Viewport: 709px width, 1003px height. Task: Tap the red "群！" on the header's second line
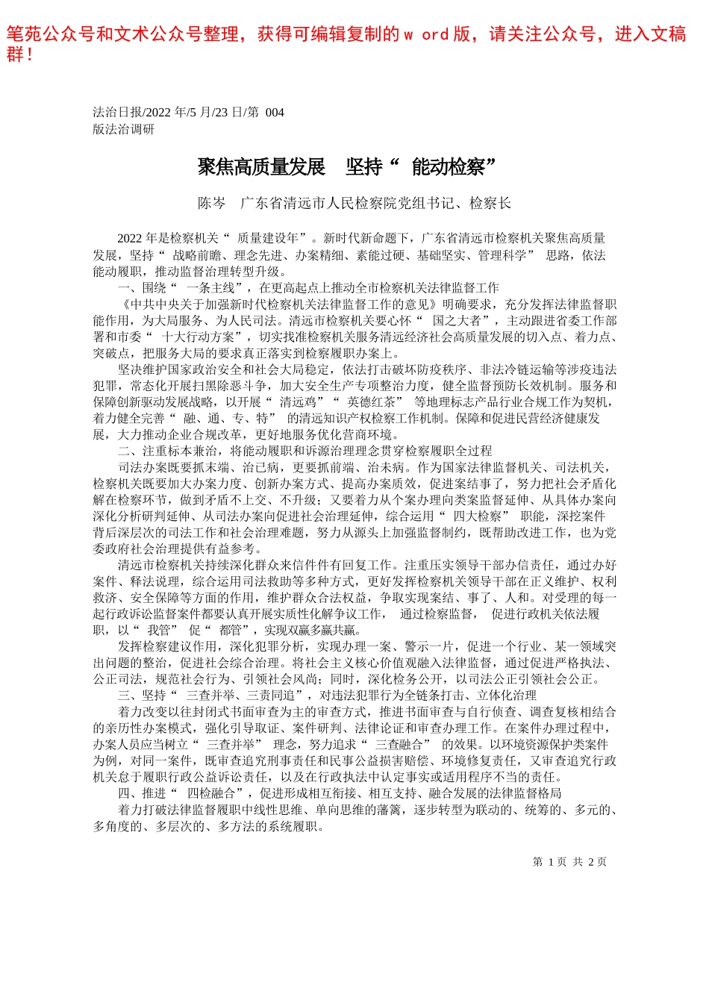(19, 54)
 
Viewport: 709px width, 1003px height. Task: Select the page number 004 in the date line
(275, 113)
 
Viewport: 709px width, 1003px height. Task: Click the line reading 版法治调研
(124, 129)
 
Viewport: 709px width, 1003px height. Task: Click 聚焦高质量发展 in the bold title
(261, 167)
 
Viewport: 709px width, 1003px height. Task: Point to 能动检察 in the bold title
(448, 167)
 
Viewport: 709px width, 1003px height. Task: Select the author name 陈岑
(211, 203)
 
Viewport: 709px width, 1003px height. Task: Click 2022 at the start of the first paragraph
(130, 238)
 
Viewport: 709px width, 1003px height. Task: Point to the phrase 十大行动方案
(197, 337)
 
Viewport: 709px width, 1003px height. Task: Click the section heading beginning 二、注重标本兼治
(305, 451)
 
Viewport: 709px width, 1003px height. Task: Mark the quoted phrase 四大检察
(478, 516)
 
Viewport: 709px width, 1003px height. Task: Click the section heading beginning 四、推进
(340, 793)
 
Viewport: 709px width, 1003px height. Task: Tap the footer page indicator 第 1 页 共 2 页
(569, 862)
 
